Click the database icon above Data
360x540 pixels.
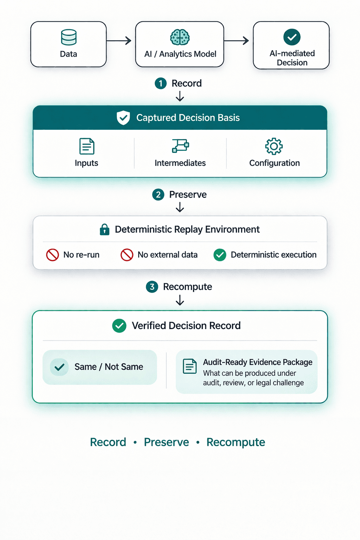pos(69,37)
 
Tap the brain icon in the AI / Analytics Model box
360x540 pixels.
pos(180,37)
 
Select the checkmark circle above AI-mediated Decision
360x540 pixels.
pos(292,37)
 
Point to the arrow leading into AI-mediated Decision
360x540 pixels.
pos(236,41)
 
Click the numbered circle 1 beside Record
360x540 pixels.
pos(161,83)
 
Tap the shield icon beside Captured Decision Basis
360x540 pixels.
pos(123,118)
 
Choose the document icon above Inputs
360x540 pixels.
pos(86,146)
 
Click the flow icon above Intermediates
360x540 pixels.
pos(180,146)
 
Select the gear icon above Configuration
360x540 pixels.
pos(274,146)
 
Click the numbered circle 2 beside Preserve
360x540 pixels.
pos(158,194)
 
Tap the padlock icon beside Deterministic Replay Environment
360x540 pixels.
pos(104,230)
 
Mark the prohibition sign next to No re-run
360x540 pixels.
pos(52,255)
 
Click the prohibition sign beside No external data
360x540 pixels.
pos(127,255)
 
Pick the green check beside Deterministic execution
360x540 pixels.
pos(220,255)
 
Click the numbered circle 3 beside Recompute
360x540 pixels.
pos(152,287)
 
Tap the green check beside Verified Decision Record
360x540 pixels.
pos(119,326)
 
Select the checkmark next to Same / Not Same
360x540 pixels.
pos(59,367)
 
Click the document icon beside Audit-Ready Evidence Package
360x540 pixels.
pos(190,366)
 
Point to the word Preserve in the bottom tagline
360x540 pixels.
pos(166,442)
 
